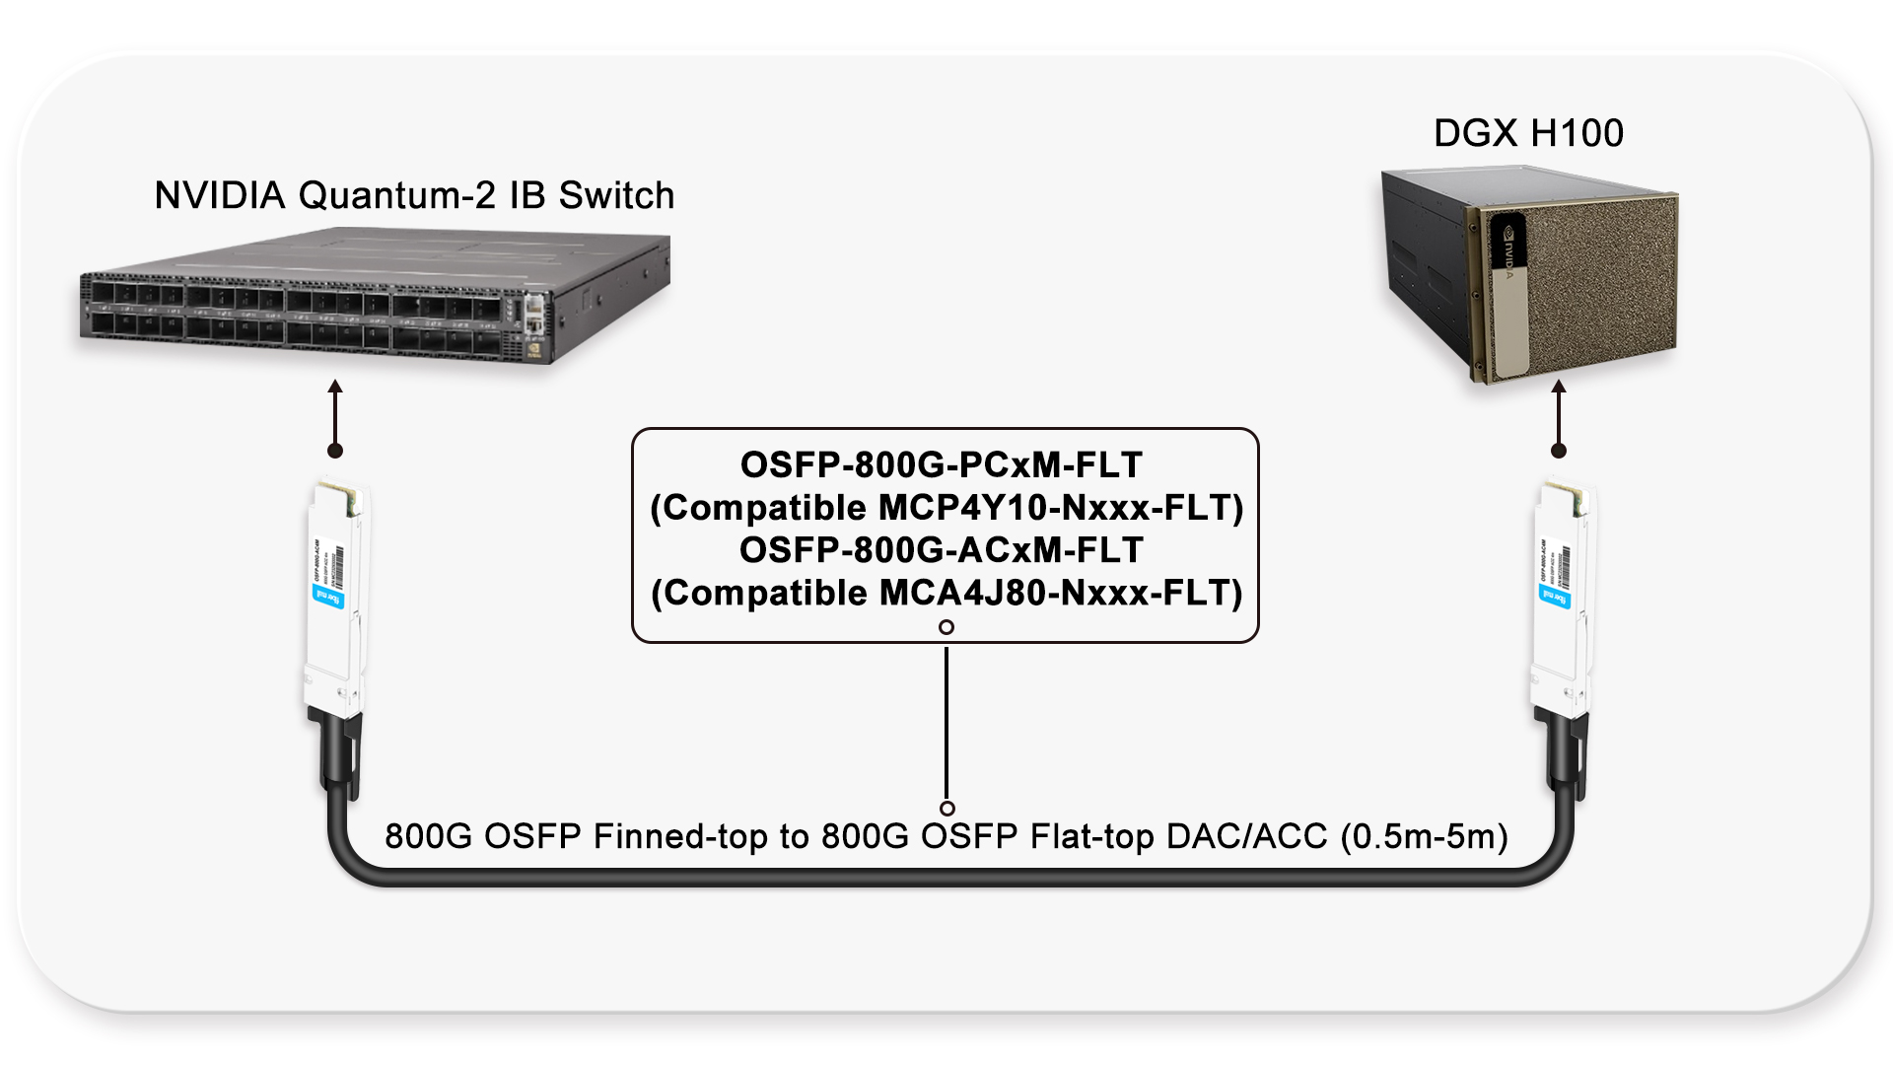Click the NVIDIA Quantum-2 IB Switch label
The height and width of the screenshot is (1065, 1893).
click(414, 195)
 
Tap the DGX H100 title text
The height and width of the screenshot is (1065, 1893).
click(1527, 133)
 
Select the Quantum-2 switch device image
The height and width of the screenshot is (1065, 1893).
click(375, 296)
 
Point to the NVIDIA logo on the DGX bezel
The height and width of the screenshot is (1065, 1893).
click(1507, 252)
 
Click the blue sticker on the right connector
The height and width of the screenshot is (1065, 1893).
click(1554, 596)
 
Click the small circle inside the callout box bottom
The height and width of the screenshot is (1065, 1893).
click(946, 627)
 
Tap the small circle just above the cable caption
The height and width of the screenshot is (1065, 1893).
click(946, 809)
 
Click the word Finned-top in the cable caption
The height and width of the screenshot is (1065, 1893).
click(679, 836)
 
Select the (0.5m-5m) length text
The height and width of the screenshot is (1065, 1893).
click(1424, 836)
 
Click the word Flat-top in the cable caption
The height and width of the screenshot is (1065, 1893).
click(1091, 836)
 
